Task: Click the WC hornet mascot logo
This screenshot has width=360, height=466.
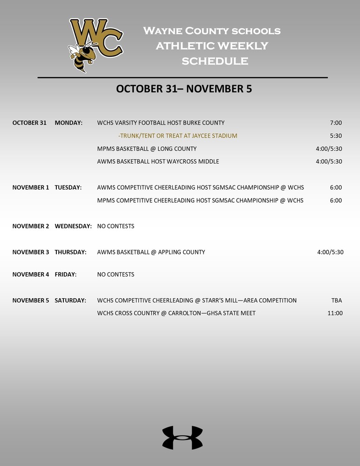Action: (x=95, y=44)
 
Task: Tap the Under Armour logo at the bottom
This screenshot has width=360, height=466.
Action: (x=182, y=438)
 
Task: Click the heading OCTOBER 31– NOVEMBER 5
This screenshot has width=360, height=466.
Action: (x=183, y=89)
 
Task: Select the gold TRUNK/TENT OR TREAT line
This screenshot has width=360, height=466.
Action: (x=178, y=136)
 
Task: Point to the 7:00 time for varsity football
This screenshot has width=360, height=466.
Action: (x=335, y=123)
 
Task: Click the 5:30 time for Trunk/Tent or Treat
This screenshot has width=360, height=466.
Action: (x=335, y=136)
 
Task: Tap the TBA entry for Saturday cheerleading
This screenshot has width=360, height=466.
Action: (x=336, y=301)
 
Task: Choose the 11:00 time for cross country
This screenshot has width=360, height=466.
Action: (x=335, y=313)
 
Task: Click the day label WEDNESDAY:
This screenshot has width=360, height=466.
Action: (x=73, y=226)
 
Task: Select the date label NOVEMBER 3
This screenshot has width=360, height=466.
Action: (x=30, y=252)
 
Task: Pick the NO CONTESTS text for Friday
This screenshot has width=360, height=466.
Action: (x=115, y=274)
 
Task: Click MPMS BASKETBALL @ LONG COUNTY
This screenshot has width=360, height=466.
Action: (x=147, y=149)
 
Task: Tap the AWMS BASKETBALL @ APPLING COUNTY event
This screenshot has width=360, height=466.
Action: (x=151, y=252)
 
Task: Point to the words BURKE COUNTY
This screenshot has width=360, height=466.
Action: (x=204, y=123)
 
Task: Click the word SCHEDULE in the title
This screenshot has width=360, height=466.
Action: (x=215, y=61)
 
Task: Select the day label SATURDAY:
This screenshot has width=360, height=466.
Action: (x=70, y=301)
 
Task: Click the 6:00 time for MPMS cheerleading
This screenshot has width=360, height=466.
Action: (x=335, y=200)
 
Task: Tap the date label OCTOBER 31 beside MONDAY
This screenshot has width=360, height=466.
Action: (x=29, y=123)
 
